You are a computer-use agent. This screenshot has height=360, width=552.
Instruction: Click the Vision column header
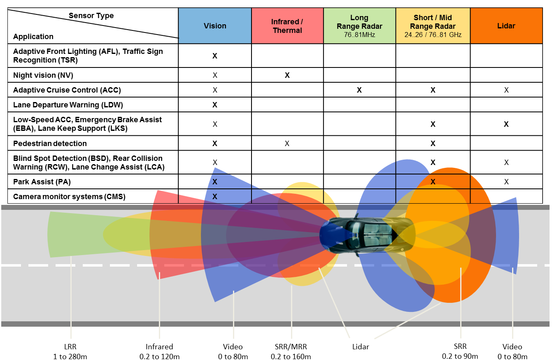click(x=215, y=26)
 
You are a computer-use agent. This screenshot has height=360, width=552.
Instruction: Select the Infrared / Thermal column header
click(x=287, y=26)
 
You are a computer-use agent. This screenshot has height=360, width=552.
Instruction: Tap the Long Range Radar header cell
click(x=359, y=26)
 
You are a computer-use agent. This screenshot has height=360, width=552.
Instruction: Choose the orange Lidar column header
click(x=506, y=26)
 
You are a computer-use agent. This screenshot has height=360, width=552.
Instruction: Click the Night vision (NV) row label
click(x=43, y=75)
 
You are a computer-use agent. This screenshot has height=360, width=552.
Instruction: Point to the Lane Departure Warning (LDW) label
click(x=68, y=105)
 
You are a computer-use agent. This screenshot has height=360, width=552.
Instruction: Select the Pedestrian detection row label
click(x=50, y=143)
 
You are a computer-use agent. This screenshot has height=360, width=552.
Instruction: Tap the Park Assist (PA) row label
click(x=42, y=182)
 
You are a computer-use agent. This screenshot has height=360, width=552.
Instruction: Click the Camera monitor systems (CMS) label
click(x=69, y=197)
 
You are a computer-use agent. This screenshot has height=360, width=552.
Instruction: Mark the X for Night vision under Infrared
click(x=287, y=75)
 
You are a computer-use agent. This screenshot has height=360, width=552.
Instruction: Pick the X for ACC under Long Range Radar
click(x=359, y=90)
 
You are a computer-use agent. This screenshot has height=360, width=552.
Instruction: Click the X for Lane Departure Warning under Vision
click(x=215, y=105)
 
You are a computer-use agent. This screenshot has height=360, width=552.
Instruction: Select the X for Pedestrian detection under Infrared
click(x=287, y=143)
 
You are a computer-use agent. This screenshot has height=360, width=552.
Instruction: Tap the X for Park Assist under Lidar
click(x=506, y=182)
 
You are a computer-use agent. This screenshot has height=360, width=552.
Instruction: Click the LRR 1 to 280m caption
click(x=70, y=351)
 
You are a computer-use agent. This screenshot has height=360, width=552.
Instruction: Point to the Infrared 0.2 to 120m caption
click(x=159, y=351)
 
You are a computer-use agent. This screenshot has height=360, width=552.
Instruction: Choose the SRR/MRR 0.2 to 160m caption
click(x=291, y=351)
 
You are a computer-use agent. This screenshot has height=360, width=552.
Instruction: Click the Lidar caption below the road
click(x=361, y=347)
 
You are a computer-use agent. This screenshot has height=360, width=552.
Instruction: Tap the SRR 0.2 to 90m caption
click(x=460, y=351)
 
